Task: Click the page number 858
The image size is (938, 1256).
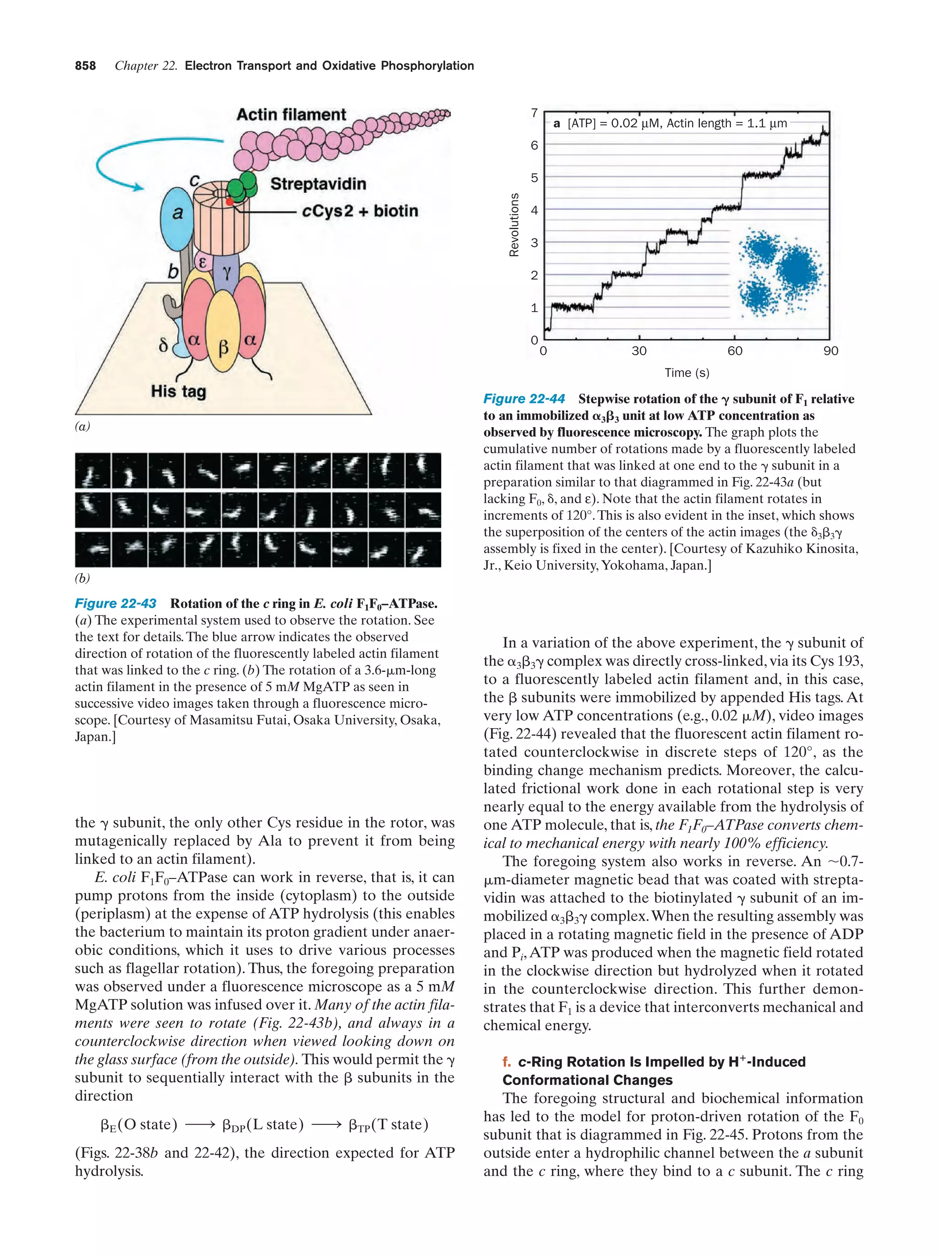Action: click(x=85, y=66)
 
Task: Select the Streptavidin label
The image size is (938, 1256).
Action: click(x=318, y=184)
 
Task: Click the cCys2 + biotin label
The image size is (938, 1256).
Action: click(x=360, y=211)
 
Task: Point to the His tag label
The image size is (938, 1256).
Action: click(x=178, y=391)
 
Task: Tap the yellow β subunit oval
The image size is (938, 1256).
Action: click(x=223, y=332)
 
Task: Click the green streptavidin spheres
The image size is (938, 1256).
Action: click(x=242, y=185)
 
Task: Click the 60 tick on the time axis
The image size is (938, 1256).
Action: click(x=734, y=351)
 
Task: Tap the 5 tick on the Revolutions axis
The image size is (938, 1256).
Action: click(x=534, y=178)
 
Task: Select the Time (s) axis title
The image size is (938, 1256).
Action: click(x=687, y=373)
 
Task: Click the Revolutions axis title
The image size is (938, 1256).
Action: click(x=514, y=225)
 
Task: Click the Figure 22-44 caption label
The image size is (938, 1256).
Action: click(x=524, y=399)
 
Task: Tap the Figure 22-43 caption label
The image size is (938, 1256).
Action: click(x=116, y=603)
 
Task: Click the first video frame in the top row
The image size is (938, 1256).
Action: click(x=93, y=471)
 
